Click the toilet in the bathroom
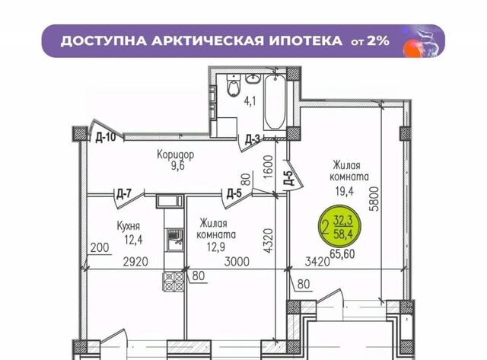pyautogui.click(x=234, y=85)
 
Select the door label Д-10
pyautogui.click(x=105, y=137)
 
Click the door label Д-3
pyautogui.click(x=252, y=140)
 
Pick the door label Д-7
pyautogui.click(x=124, y=194)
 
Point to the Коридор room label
pyautogui.click(x=176, y=155)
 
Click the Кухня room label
pyautogui.click(x=129, y=226)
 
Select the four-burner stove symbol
pyautogui.click(x=173, y=281)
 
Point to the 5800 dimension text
pyautogui.click(x=375, y=199)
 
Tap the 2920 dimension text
pyautogui.click(x=135, y=262)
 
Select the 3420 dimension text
pyautogui.click(x=317, y=262)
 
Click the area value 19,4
pyautogui.click(x=344, y=191)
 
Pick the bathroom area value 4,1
pyautogui.click(x=250, y=101)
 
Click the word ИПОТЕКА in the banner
pyautogui.click(x=306, y=40)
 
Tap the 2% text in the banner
pyautogui.click(x=378, y=40)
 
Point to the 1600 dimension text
pyautogui.click(x=268, y=167)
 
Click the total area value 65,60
pyautogui.click(x=342, y=254)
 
